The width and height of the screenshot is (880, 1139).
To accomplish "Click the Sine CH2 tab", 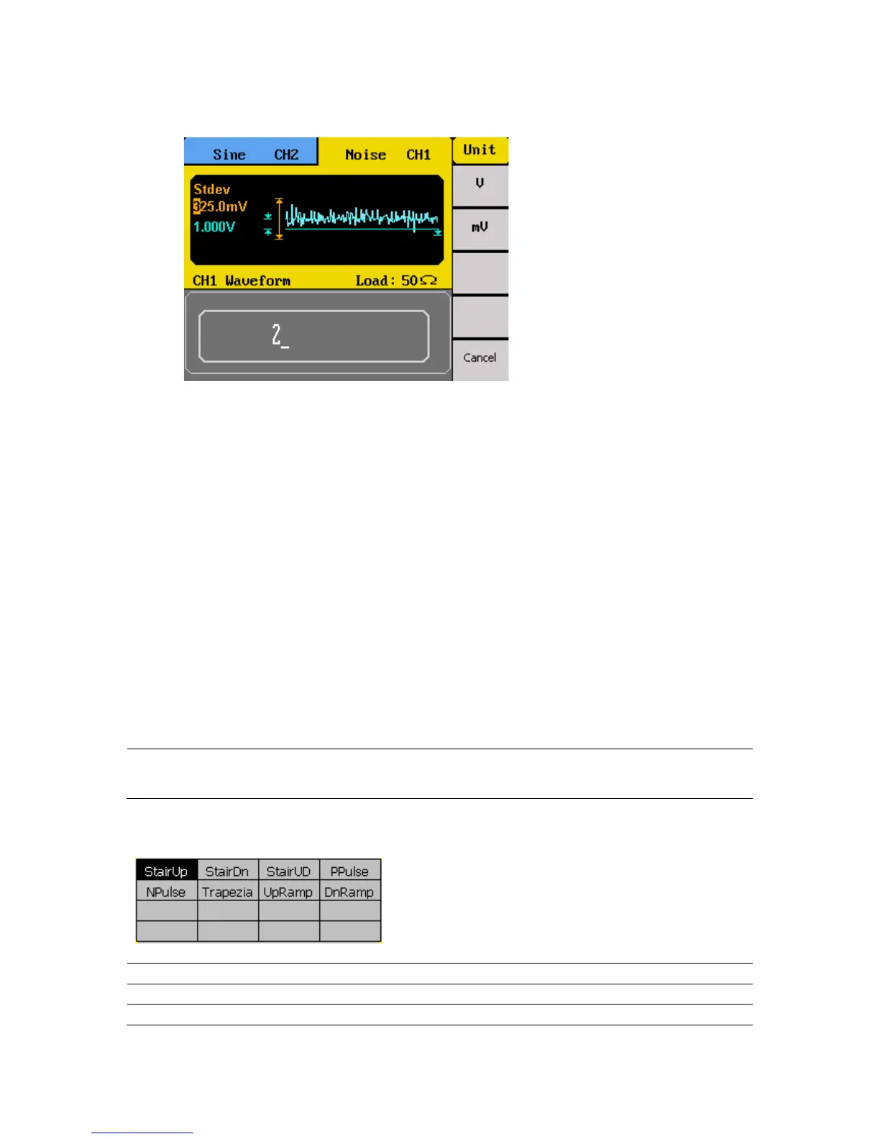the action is (x=251, y=153).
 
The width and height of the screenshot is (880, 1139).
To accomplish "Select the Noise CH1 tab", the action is (x=387, y=154).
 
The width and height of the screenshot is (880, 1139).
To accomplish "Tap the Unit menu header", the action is (x=480, y=150).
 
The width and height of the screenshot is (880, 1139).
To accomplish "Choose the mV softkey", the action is (x=480, y=227).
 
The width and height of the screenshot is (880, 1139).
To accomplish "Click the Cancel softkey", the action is (x=480, y=357).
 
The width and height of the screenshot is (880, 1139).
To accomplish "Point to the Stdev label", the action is (x=211, y=189).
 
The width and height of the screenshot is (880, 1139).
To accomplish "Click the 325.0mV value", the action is (x=220, y=206).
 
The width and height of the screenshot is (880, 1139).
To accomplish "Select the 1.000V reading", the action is (x=214, y=227).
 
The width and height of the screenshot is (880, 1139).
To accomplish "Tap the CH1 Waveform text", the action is (x=242, y=280).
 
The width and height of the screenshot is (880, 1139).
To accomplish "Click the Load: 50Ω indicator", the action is (x=396, y=280).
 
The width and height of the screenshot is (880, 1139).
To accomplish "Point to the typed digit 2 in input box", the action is (x=277, y=335).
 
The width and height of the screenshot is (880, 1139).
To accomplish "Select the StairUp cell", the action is (x=166, y=871).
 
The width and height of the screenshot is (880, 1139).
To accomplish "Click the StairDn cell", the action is (x=227, y=871).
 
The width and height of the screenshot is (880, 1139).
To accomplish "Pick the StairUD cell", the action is (x=288, y=871).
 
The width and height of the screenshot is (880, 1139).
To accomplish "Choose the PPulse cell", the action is (x=349, y=871).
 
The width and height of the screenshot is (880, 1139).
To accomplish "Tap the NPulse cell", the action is (x=166, y=892).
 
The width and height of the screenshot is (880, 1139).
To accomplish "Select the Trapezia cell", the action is (x=227, y=892).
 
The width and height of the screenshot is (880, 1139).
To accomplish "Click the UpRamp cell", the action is (x=288, y=892).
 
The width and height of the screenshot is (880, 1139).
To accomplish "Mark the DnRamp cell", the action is (x=349, y=892).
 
